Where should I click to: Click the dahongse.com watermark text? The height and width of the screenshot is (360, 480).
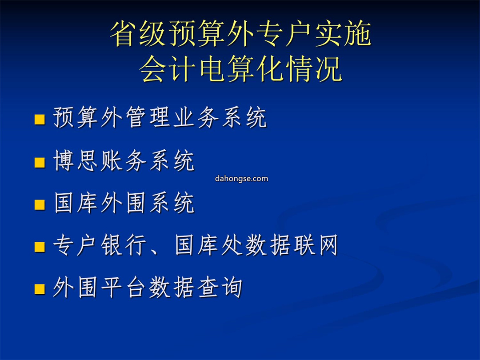[241, 179]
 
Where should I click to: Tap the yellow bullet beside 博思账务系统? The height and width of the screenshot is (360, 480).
[40, 163]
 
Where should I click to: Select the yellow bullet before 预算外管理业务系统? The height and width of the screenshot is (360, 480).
[40, 120]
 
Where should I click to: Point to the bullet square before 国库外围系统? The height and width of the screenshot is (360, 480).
[40, 204]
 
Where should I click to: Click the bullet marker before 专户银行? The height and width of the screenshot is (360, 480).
[40, 247]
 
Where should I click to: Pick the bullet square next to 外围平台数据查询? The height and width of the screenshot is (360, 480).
[40, 289]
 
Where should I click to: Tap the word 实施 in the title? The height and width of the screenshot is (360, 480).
[343, 34]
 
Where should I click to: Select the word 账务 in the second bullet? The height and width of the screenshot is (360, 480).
[124, 160]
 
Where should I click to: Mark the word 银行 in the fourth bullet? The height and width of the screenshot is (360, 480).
[124, 245]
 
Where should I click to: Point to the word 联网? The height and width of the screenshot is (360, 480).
[315, 245]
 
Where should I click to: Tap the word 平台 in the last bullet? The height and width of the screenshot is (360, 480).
[124, 287]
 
